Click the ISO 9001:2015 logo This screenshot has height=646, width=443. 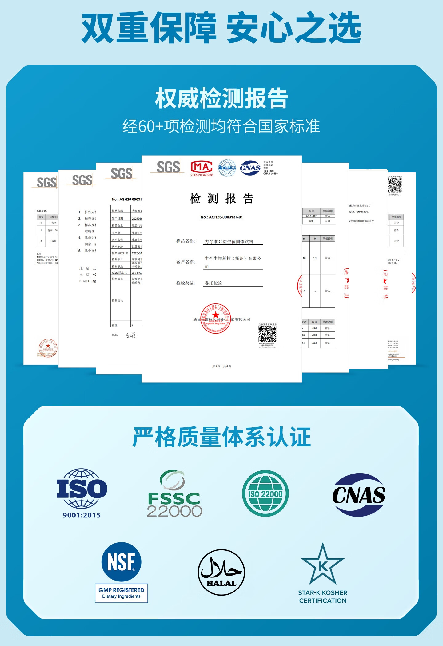pos(82,493)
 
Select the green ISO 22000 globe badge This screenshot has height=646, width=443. pos(265,493)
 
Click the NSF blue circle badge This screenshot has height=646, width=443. pos(121,562)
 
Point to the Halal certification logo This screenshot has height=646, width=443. pos(221,572)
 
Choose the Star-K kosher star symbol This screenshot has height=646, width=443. pos(323,565)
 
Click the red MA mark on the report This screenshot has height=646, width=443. pos(202,168)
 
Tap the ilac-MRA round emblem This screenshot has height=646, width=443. pos(227,168)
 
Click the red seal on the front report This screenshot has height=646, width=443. pos(216,319)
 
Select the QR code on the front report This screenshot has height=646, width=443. pos(267,334)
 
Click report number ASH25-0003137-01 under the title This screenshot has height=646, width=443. pos(221,217)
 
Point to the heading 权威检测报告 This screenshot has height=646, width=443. pos(221,98)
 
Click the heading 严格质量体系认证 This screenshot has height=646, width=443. pos(221,437)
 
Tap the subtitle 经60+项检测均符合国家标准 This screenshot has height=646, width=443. pos(221,126)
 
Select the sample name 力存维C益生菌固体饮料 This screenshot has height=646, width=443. pos(229,241)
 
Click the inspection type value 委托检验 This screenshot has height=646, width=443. pos(213,283)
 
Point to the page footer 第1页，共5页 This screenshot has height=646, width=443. pos(221,366)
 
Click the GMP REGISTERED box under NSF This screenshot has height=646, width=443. pos(121,593)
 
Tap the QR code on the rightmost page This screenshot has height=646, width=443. pos(395,184)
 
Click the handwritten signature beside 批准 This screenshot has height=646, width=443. pos(130,335)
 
